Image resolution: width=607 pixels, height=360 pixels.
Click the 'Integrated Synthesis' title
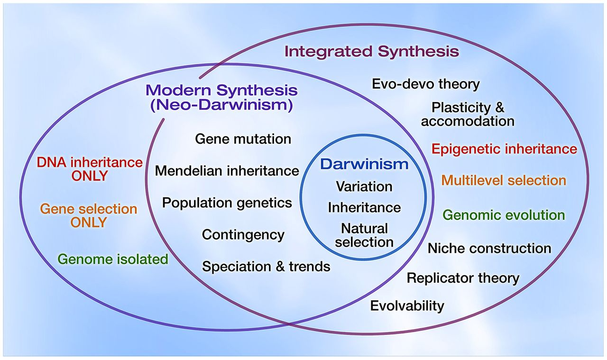[x=372, y=51]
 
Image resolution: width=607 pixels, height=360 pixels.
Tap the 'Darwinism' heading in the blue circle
[x=364, y=164]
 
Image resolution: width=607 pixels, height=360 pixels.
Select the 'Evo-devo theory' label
[x=425, y=84]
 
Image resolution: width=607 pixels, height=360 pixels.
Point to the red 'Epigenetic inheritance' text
[x=504, y=149]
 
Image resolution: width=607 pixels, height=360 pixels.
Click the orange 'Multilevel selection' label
[x=504, y=180]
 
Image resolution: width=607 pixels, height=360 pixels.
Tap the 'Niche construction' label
[x=489, y=248]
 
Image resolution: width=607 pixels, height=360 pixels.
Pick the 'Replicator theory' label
[x=463, y=277]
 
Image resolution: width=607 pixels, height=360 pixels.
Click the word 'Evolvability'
[x=407, y=305]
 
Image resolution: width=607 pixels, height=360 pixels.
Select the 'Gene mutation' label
[x=243, y=139]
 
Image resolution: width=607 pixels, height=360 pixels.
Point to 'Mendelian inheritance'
[x=227, y=171]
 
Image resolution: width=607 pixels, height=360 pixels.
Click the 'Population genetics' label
[x=227, y=203]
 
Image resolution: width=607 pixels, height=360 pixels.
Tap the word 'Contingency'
[x=243, y=234]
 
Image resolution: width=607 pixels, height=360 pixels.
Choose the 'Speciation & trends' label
[x=266, y=266]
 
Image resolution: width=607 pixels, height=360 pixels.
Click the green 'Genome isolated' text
[x=113, y=259]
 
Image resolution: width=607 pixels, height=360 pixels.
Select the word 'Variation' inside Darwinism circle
[x=364, y=186]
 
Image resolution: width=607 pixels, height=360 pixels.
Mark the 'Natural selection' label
[x=364, y=235]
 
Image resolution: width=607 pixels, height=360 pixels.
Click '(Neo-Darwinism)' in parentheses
[x=221, y=105]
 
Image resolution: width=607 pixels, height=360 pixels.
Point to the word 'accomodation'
[x=468, y=121]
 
